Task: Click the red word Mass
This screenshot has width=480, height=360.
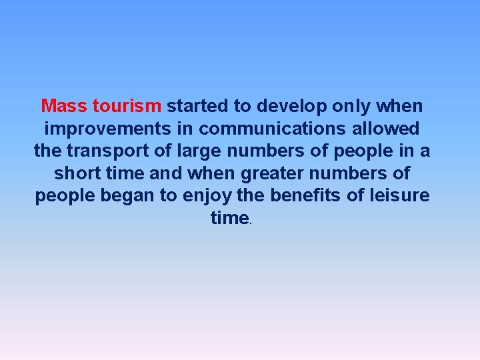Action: tap(64, 106)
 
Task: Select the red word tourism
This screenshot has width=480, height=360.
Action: tap(127, 106)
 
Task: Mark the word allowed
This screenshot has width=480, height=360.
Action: tap(387, 129)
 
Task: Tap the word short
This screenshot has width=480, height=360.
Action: tap(79, 174)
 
